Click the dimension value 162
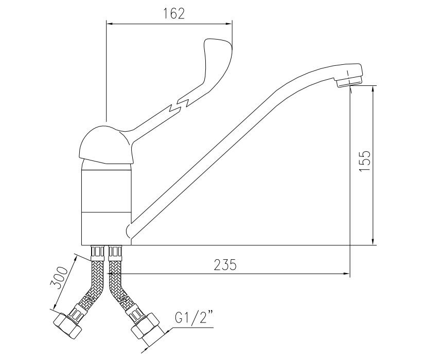pos(174,13)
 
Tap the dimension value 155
pos(365,161)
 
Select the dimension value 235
pos(225,264)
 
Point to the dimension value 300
pos(59,278)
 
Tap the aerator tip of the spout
pos(349,80)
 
